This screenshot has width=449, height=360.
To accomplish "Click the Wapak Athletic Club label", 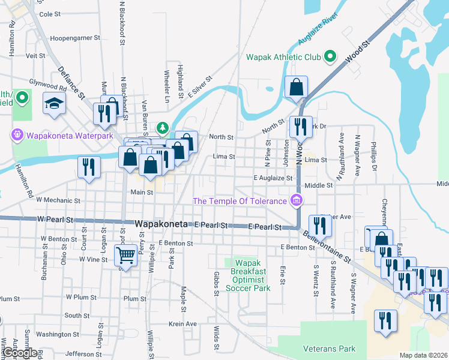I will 283,58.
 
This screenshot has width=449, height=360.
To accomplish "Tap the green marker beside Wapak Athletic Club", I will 330,58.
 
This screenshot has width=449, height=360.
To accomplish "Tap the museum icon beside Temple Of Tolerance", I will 296,200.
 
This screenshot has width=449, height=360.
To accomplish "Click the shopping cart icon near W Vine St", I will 125,256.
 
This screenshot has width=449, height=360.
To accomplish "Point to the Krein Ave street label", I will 183,324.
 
